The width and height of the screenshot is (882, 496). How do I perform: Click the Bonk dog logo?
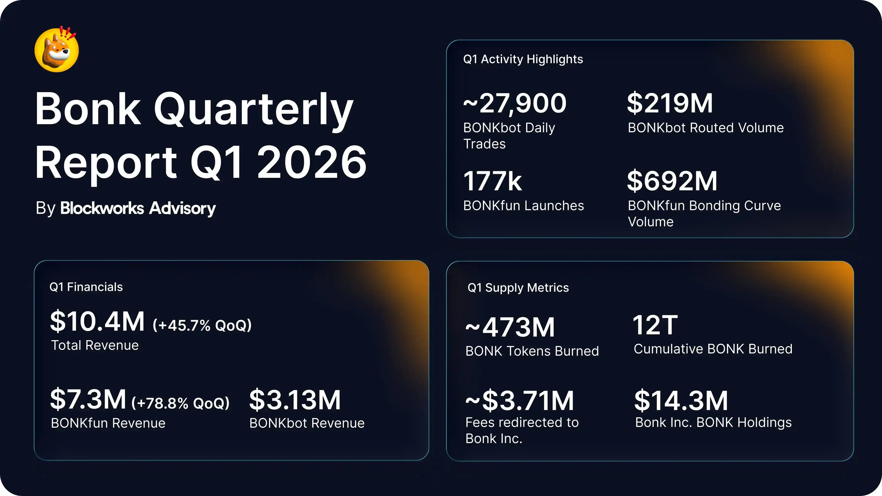[57, 50]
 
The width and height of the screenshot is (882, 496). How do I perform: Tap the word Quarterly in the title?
[253, 109]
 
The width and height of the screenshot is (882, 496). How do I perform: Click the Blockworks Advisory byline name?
[138, 208]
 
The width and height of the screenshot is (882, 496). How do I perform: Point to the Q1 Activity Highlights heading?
[523, 59]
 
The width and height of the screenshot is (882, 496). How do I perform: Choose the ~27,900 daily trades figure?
[514, 103]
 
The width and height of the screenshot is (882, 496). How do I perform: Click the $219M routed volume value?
[670, 103]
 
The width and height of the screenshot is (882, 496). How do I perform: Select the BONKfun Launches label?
[523, 206]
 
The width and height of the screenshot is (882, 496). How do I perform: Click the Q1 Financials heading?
[86, 287]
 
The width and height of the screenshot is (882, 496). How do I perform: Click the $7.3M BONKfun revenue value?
[88, 399]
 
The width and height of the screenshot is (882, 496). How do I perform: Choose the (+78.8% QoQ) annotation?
[180, 403]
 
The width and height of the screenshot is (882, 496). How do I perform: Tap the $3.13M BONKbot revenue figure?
[295, 399]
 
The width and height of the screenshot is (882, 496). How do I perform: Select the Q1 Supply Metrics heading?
[518, 288]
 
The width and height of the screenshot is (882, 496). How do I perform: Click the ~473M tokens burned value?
[510, 327]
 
